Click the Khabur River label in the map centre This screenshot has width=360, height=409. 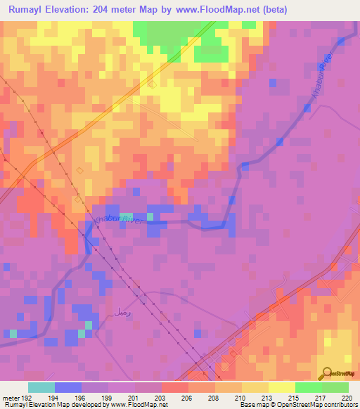(117, 221)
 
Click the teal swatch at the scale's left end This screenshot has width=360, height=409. (41, 387)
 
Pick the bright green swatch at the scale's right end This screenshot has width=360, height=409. (335, 387)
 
